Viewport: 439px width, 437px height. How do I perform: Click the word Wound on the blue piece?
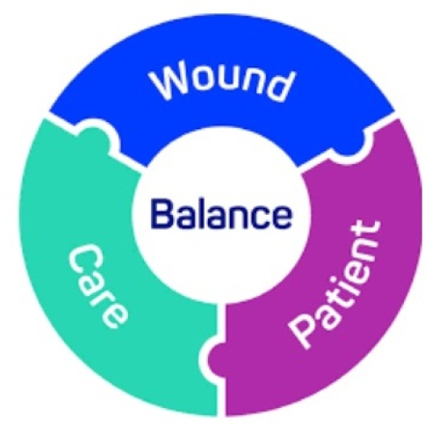tap(221, 81)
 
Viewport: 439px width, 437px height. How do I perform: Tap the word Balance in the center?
tap(221, 213)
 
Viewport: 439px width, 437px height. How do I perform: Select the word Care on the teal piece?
tap(98, 288)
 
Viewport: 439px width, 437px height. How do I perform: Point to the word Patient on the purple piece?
tap(335, 283)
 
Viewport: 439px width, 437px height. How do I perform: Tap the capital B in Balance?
tap(162, 213)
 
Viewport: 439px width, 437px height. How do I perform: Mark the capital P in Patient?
tap(304, 330)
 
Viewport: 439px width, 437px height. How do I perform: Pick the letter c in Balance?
tap(256, 217)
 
